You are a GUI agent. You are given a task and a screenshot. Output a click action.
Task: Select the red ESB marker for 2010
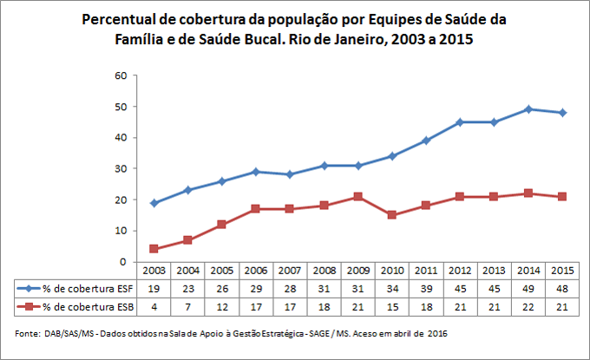point(392,214)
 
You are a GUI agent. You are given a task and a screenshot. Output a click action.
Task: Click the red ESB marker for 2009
point(358,196)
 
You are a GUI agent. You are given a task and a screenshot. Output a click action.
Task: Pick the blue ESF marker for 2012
point(461,121)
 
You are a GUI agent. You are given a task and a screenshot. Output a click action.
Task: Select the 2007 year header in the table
point(291,270)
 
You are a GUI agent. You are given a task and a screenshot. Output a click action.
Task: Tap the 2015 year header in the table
point(562,270)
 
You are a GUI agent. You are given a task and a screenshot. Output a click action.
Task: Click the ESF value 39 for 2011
point(426,287)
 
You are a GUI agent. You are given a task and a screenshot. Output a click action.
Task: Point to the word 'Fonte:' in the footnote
point(29,334)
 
